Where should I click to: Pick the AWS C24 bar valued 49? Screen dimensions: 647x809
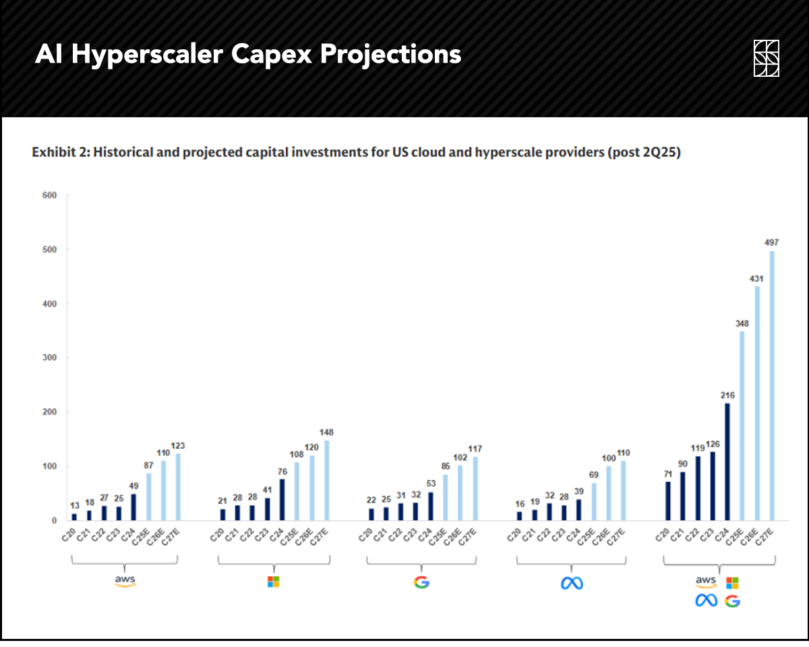tap(133, 507)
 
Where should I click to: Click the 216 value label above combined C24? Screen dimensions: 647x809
tap(727, 395)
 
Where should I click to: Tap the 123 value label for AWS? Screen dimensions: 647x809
tap(178, 445)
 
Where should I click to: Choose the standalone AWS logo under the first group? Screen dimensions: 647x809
tap(125, 582)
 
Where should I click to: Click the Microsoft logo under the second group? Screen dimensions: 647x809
tap(273, 582)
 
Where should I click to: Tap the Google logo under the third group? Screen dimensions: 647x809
tap(421, 582)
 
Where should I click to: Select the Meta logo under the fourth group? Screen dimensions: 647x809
tap(571, 583)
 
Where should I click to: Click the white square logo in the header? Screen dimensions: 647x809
tap(767, 59)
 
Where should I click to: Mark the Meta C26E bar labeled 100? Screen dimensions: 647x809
tap(609, 493)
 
